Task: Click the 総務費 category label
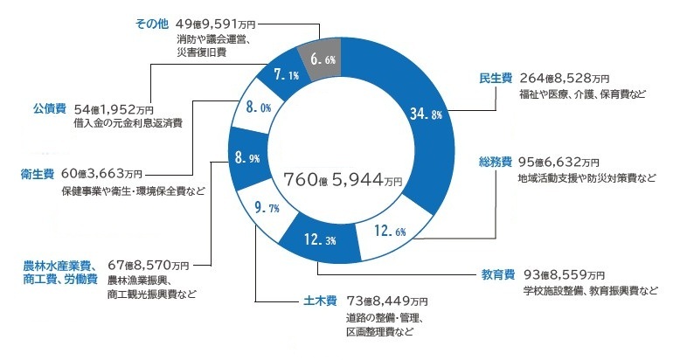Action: pyautogui.click(x=495, y=163)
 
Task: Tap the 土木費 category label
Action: pyautogui.click(x=308, y=303)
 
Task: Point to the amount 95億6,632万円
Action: pyautogui.click(x=559, y=163)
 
